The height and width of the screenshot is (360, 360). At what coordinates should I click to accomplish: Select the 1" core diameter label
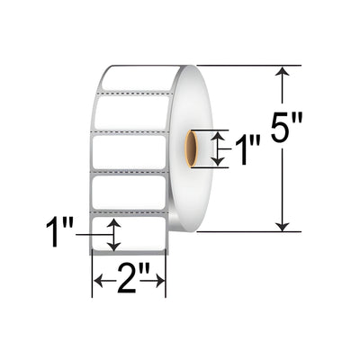(x=247, y=149)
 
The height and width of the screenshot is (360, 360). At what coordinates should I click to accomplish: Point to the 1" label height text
(x=59, y=231)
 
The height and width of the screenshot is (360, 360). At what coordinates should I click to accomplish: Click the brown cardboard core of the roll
(x=192, y=148)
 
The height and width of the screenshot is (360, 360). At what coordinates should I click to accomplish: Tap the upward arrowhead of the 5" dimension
(x=283, y=71)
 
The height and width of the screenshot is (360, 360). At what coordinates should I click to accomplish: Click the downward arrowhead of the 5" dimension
(x=283, y=227)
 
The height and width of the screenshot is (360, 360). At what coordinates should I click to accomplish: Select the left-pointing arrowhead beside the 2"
(x=99, y=281)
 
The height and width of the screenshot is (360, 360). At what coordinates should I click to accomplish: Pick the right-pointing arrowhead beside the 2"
(x=159, y=281)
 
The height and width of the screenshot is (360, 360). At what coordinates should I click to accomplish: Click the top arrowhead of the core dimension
(x=219, y=136)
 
